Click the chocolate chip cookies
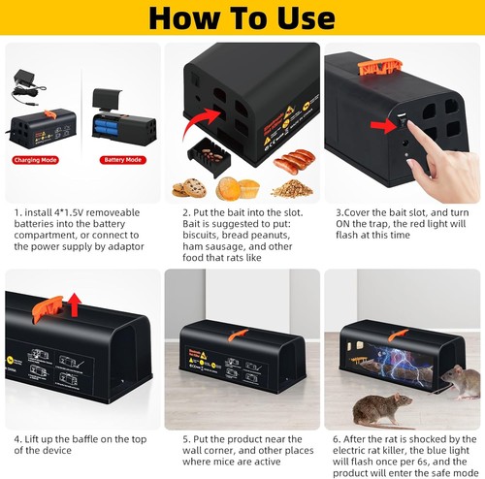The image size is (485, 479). point(186,186)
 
